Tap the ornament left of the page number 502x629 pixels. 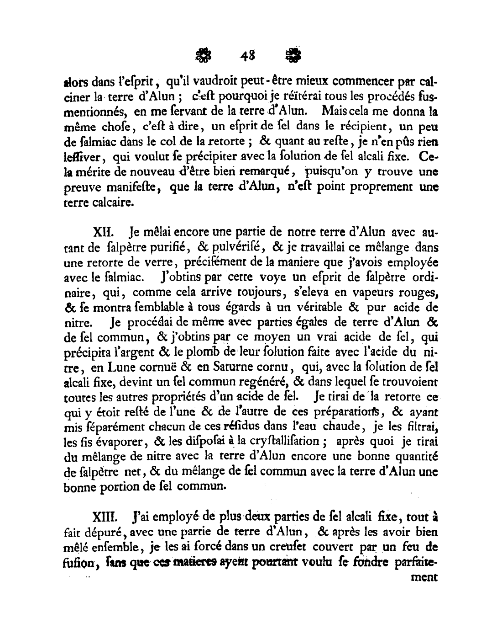(204, 56)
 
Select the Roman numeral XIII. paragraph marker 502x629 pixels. (106, 518)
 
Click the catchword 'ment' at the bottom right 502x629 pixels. (424, 577)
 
